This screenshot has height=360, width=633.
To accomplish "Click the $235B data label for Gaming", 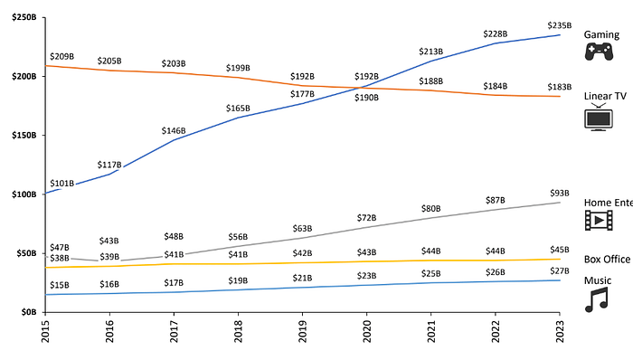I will point(561,25).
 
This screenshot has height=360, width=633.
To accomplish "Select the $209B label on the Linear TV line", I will point(61,56).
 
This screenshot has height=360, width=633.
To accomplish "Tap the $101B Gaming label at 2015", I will point(61,183).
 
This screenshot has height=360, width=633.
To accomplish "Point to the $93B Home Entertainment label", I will point(561,193).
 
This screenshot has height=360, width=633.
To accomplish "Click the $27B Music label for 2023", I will point(561,270).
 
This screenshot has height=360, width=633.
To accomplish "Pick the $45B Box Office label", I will point(561,250).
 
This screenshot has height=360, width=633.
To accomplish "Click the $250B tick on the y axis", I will point(24,18).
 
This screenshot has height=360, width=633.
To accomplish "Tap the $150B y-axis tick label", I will point(24,136).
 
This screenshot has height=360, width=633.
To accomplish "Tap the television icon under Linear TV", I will point(598,118).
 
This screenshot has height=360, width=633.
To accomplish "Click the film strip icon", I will point(598,220).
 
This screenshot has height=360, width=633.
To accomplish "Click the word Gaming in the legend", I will point(601,33).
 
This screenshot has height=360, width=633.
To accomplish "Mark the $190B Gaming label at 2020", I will point(367,97).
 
